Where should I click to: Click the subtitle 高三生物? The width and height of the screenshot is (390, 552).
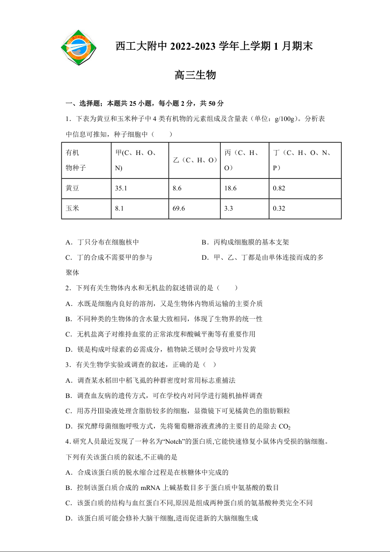pos(195,75)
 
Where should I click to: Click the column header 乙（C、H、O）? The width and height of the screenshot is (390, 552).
pos(195,160)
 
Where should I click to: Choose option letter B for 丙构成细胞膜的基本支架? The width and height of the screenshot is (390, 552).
pos(204,243)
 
